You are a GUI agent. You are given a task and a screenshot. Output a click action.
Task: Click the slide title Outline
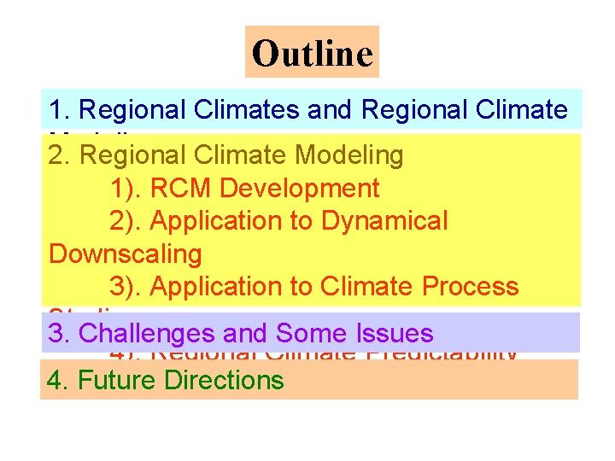pos(313,53)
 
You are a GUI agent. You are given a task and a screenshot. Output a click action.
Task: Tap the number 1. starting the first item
pos(59,110)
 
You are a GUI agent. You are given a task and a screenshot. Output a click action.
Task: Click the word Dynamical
pos(384,220)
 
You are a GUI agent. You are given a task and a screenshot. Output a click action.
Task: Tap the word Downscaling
pos(126,254)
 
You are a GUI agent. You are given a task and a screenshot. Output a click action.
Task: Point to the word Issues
pos(395,333)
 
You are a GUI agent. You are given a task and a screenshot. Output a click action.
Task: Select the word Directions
pos(224,380)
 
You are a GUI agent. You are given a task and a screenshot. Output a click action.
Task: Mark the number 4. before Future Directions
pos(58,380)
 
